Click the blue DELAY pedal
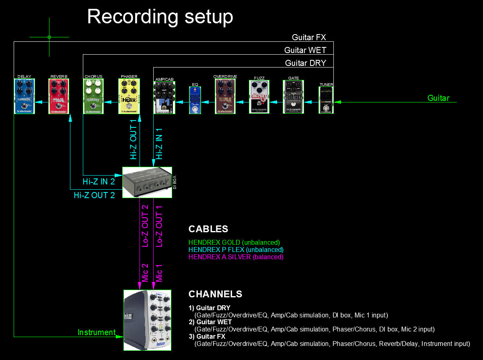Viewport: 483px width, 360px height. pos(24,96)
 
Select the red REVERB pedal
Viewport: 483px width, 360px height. pos(59,96)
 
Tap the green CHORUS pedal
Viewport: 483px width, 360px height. pos(93,96)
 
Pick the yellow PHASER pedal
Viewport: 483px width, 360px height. pos(129,96)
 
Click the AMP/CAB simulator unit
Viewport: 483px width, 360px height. pos(164,98)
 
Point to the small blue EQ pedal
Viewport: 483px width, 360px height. pos(195,100)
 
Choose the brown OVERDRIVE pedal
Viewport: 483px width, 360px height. pos(225,96)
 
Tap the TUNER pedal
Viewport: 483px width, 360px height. pos(326,100)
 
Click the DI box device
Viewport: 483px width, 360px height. pos(147,182)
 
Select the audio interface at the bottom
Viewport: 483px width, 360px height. pos(147,320)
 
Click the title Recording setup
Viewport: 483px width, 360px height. pos(160,17)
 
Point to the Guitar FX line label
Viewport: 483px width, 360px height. pos(309,37)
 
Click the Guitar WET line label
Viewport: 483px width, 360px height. pos(305,50)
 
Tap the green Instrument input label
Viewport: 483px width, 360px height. pos(97,332)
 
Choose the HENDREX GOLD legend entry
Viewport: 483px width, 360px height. pos(234,243)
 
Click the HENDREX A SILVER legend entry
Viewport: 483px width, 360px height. pos(236,257)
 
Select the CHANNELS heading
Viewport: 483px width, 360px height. pos(216,294)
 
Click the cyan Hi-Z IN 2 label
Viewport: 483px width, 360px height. pos(99,182)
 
